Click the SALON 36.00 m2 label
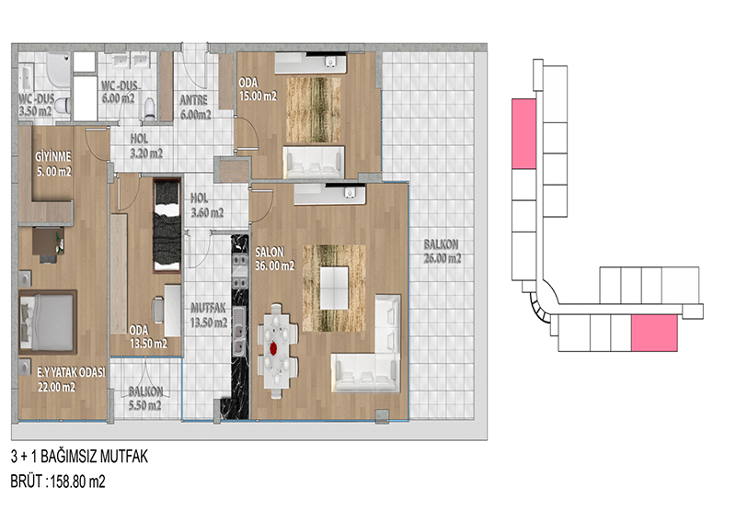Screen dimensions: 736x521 coord(274,259)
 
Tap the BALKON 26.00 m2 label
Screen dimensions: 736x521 coord(443,252)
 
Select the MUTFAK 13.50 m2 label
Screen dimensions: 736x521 coord(209,315)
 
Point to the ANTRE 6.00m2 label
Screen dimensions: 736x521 coord(195,108)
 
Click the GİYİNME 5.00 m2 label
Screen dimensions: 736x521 coord(54,164)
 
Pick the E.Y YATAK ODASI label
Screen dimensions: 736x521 coord(72,372)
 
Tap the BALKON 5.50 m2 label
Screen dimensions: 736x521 coord(145,399)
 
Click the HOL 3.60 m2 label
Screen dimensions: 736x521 coord(207,206)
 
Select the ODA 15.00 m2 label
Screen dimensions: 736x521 coord(258,89)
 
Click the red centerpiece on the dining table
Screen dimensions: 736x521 coord(274,348)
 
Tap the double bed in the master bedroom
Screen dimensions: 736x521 coord(48,322)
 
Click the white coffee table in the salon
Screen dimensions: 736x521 coord(334,288)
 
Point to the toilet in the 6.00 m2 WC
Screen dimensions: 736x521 coord(149,108)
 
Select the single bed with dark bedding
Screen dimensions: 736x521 coord(167,225)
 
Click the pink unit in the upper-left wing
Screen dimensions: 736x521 coord(523,133)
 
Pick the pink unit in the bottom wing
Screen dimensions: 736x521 coord(654,333)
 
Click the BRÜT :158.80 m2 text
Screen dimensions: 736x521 coord(58,481)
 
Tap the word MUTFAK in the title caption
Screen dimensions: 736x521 coord(124,457)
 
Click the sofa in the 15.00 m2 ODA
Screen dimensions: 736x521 coord(314,163)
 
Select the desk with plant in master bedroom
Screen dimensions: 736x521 coord(49,244)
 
